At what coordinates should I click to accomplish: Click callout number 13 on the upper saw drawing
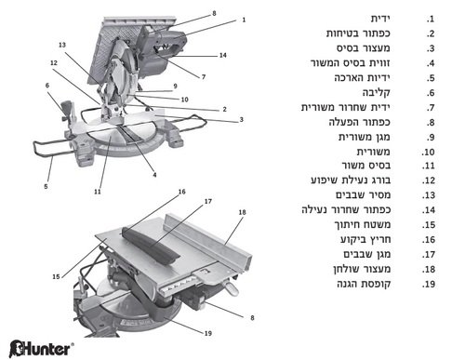tap(61, 44)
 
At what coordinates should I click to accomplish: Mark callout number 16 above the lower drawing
tap(182, 191)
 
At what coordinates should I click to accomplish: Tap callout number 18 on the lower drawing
tap(243, 213)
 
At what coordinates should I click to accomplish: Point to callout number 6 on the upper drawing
tap(46, 86)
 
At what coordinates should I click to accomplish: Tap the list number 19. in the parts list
tap(430, 283)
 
